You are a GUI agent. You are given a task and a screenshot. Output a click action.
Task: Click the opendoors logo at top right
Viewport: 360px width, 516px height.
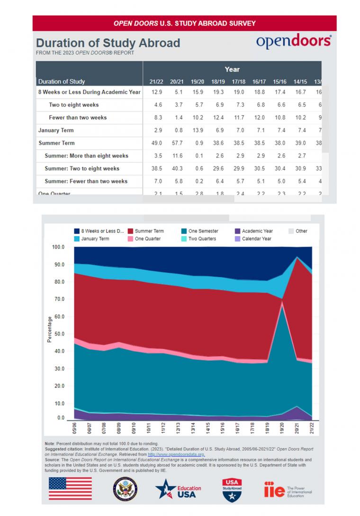[x=294, y=42]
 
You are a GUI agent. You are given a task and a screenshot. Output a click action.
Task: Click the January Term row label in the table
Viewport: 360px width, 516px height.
[x=56, y=130]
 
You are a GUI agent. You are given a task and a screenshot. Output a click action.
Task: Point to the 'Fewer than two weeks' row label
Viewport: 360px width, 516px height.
[x=78, y=118]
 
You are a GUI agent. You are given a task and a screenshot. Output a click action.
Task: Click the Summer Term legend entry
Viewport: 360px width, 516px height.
[x=149, y=231]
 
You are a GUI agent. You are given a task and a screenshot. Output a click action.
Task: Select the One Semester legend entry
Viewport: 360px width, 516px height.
[x=202, y=231]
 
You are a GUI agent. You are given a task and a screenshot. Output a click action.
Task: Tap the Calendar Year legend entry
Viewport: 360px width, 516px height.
[x=256, y=239]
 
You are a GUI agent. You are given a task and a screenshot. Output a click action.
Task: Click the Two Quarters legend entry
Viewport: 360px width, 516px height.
[x=202, y=239]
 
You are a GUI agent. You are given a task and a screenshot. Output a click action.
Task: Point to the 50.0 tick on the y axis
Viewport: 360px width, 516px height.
[x=58, y=334]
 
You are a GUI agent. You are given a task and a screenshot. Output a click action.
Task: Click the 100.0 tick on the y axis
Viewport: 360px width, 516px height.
[x=58, y=247]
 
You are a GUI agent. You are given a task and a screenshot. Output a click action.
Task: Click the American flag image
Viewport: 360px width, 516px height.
[x=70, y=488]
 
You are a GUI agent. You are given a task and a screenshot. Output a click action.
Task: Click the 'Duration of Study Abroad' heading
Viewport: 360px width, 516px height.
[x=108, y=43]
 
